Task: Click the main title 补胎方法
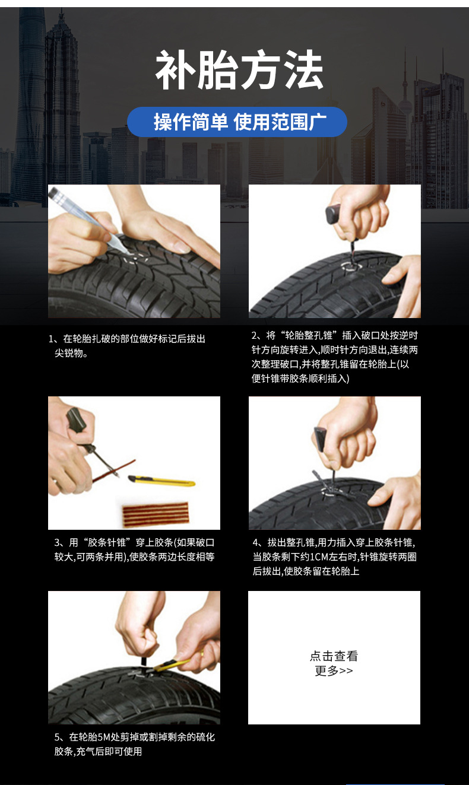click(x=239, y=70)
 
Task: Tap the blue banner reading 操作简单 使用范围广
click(x=237, y=122)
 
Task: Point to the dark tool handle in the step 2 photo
click(x=334, y=214)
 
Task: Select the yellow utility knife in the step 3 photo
click(x=161, y=481)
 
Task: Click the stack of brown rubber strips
click(x=156, y=515)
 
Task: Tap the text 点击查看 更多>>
click(x=334, y=663)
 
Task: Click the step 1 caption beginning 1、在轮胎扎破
click(x=127, y=346)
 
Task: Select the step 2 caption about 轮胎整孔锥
click(x=335, y=357)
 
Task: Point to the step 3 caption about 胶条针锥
click(x=134, y=549)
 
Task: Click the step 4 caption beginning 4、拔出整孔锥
click(x=334, y=557)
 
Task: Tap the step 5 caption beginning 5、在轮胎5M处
click(x=134, y=744)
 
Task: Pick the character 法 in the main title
click(x=303, y=70)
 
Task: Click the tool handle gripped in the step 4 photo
click(x=321, y=438)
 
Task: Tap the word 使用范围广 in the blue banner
click(x=280, y=122)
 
